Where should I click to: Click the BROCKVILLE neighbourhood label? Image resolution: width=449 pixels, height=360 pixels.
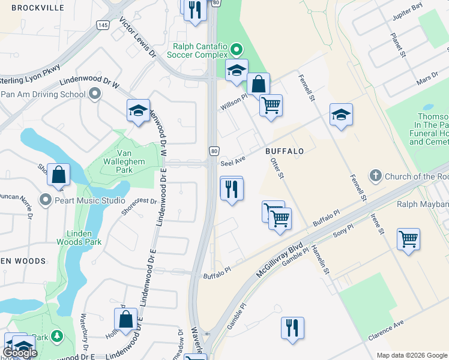coord(37,8)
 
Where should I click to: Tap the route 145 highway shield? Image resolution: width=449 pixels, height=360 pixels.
coord(103,24)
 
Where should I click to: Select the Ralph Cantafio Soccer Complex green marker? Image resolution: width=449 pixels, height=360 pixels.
coord(237,50)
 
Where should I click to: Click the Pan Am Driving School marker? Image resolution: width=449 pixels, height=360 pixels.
coord(95,94)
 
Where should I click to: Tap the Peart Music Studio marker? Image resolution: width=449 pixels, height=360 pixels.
coord(46,199)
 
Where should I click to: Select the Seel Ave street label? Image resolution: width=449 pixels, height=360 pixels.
coord(234,162)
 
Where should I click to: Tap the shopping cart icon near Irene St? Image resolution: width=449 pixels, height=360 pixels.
coord(408,239)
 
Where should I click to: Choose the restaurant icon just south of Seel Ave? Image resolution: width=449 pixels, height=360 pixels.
coord(231,189)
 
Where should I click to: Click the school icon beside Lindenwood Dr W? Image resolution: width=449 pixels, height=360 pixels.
coord(138,110)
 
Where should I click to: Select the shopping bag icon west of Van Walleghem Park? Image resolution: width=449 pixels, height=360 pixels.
coord(59,175)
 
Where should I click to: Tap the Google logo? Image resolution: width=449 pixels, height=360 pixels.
coord(20,353)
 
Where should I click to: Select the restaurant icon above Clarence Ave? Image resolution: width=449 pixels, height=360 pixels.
coord(292,328)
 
